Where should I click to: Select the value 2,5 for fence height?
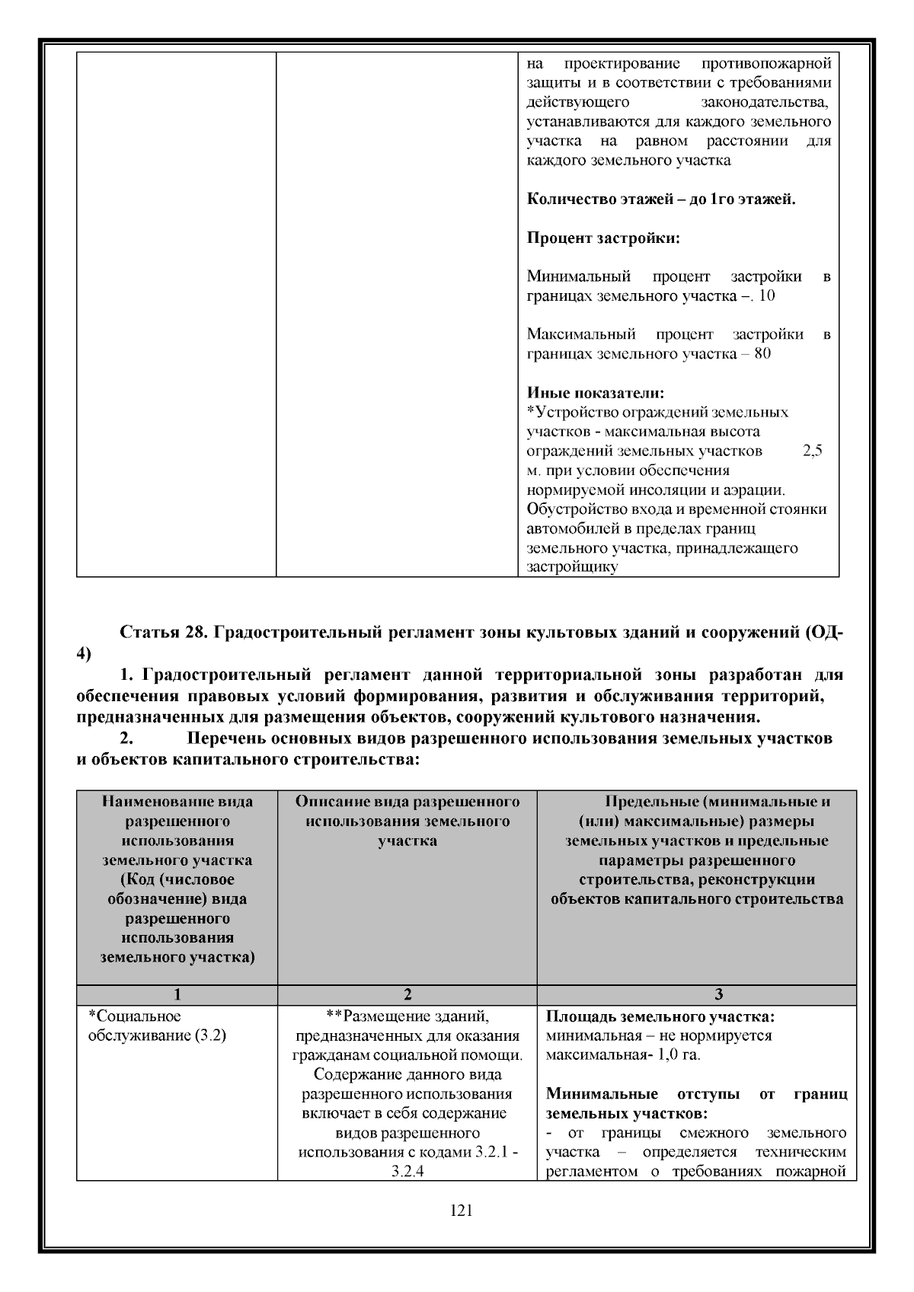click(x=813, y=451)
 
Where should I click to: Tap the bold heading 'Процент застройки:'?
click(x=603, y=238)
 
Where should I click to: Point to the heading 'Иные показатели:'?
click(x=596, y=393)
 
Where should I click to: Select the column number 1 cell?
click(x=177, y=994)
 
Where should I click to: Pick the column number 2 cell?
click(x=407, y=994)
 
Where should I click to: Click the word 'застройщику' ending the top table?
click(x=572, y=567)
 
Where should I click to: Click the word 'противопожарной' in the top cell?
click(x=766, y=63)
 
